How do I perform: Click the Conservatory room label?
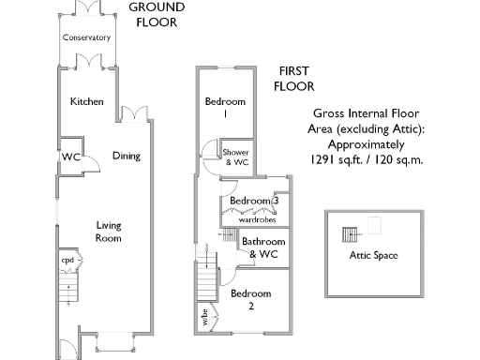(86, 38)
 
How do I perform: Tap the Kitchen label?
(86, 101)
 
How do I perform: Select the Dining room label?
(126, 156)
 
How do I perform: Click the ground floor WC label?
(71, 157)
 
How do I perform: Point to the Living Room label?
(109, 232)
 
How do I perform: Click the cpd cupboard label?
(67, 260)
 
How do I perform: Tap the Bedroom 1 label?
(226, 107)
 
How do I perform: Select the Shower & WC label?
(236, 157)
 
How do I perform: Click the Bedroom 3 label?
(254, 202)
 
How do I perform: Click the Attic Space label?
(373, 255)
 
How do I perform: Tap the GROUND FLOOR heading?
(157, 15)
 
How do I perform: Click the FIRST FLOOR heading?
(293, 78)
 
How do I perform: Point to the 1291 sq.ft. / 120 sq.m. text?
(367, 160)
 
